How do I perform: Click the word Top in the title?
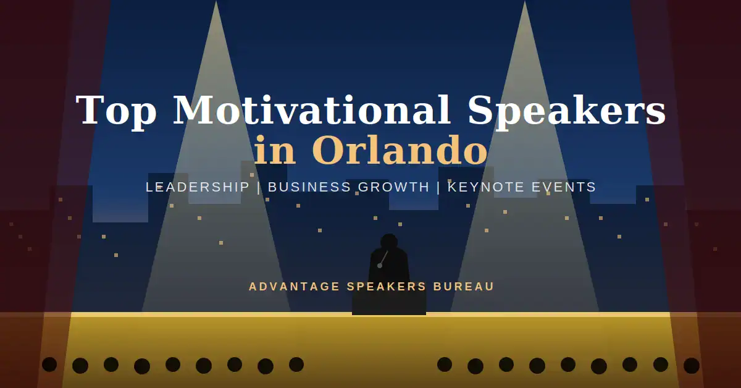click(x=117, y=112)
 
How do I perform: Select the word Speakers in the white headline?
click(x=567, y=112)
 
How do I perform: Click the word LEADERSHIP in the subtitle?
click(x=198, y=187)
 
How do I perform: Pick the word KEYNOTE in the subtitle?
click(x=487, y=187)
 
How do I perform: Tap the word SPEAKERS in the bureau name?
click(x=387, y=287)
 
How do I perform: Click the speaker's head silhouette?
click(x=389, y=242)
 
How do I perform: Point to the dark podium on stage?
click(x=389, y=302)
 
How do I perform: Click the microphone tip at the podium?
click(x=380, y=266)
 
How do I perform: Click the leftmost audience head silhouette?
click(x=49, y=365)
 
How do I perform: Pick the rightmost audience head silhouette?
click(x=692, y=366)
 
